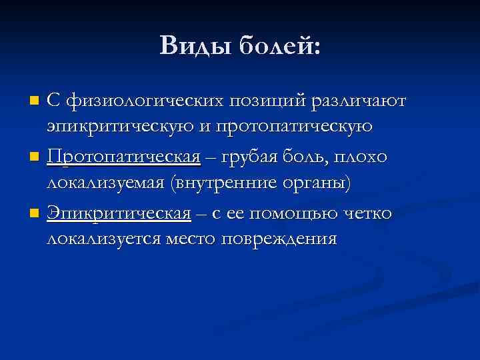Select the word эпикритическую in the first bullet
(116, 126)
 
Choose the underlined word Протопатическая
(124, 157)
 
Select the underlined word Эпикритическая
(119, 213)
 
